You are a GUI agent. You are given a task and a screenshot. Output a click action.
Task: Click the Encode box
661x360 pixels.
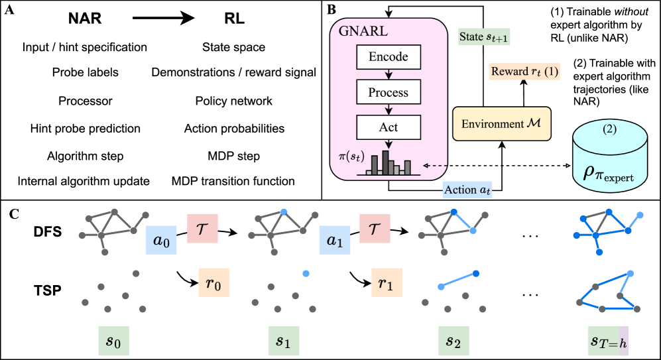(x=389, y=57)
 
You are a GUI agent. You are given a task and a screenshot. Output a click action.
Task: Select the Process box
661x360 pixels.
(x=389, y=92)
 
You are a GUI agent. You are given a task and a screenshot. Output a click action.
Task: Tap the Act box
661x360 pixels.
(x=389, y=127)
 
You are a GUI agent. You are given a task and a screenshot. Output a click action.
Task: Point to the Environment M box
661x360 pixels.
(x=501, y=124)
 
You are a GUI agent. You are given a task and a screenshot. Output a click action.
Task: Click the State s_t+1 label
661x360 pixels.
(x=484, y=36)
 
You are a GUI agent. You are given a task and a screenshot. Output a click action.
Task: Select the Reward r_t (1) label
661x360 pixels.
(x=524, y=72)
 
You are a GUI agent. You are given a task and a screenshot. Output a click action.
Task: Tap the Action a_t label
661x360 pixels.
(x=468, y=190)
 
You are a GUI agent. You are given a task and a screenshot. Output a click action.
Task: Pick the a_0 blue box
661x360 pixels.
(x=162, y=241)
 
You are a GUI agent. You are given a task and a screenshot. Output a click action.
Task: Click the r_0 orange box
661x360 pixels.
(x=213, y=283)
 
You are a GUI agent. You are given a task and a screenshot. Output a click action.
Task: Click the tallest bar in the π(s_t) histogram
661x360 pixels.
(x=385, y=162)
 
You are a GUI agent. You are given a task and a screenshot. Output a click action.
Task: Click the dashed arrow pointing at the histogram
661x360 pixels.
(x=436, y=165)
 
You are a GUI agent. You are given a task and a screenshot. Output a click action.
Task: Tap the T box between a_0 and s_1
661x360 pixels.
(x=203, y=229)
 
